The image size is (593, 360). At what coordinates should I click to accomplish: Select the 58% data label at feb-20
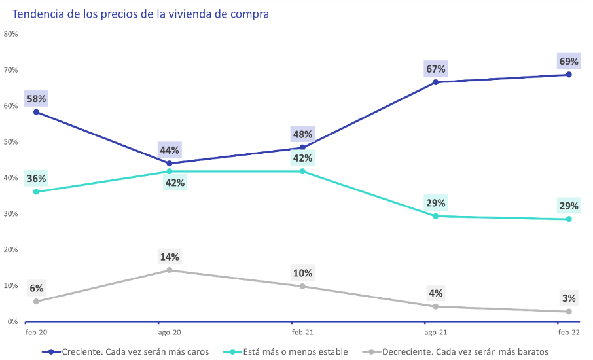pyautogui.click(x=36, y=99)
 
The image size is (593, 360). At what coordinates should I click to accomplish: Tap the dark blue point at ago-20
pyautogui.click(x=170, y=164)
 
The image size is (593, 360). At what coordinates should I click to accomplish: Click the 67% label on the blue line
pyautogui.click(x=435, y=69)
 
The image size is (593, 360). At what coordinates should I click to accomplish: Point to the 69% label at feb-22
pyautogui.click(x=569, y=62)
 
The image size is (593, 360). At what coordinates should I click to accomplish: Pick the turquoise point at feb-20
pyautogui.click(x=36, y=192)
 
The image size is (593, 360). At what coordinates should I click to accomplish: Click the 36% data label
pyautogui.click(x=36, y=179)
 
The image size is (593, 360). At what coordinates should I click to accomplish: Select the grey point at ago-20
pyautogui.click(x=170, y=270)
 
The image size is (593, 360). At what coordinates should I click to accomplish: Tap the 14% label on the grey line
pyautogui.click(x=170, y=257)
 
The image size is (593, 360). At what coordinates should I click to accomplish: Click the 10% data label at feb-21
pyautogui.click(x=302, y=273)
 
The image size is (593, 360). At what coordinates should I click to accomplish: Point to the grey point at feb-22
pyautogui.click(x=569, y=312)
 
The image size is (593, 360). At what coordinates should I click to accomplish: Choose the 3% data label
pyautogui.click(x=569, y=298)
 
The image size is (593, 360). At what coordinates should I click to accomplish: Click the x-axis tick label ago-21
pyautogui.click(x=435, y=333)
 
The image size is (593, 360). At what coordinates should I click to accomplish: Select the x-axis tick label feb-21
pyautogui.click(x=302, y=333)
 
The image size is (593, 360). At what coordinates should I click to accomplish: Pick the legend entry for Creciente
pyautogui.click(x=134, y=351)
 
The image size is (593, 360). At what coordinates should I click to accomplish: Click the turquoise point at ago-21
pyautogui.click(x=435, y=216)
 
